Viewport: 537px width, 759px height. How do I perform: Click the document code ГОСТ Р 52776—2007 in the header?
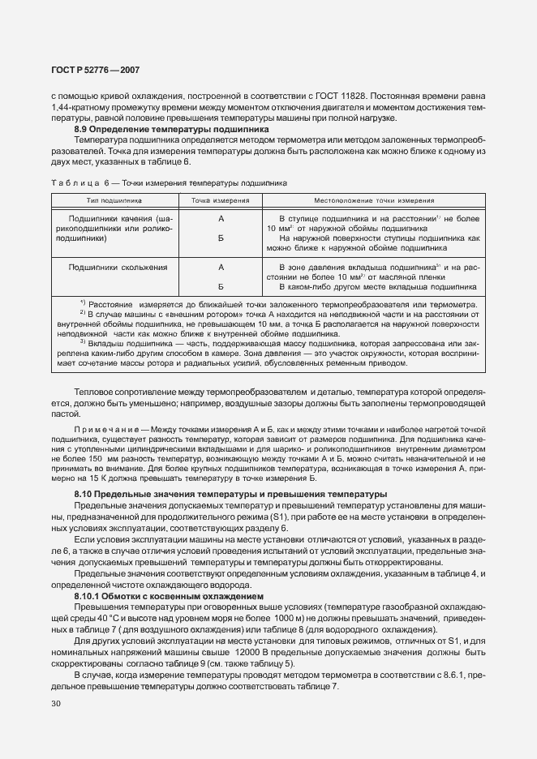(94, 71)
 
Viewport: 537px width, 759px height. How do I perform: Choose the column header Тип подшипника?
(114, 199)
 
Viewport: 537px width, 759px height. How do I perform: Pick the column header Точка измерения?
(220, 199)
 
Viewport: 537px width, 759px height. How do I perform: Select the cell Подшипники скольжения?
(118, 267)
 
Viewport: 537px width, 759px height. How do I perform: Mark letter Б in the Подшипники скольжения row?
(221, 286)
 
